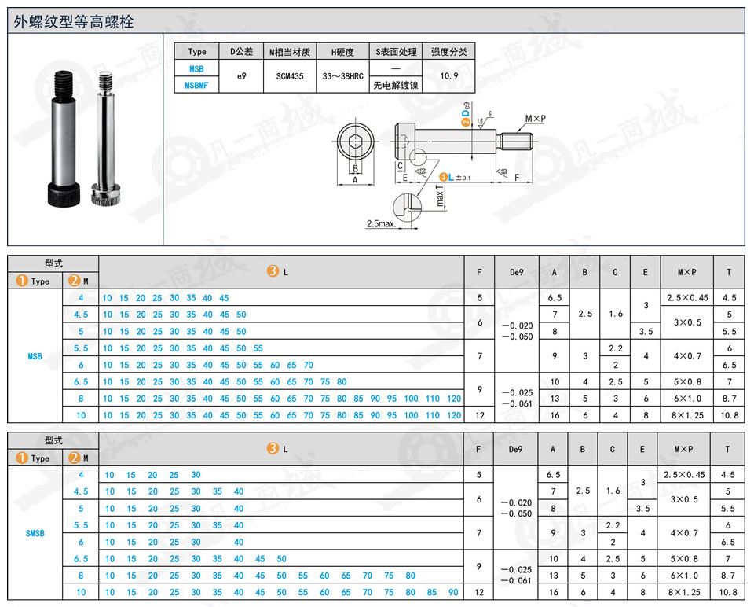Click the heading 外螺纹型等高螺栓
(74, 22)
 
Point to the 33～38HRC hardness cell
(342, 77)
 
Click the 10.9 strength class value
(449, 77)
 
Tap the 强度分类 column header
(449, 52)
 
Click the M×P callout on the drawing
(535, 118)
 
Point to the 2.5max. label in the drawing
(382, 224)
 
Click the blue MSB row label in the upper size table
(35, 356)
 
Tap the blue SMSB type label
(35, 533)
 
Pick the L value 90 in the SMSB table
(453, 592)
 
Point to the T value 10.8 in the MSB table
(728, 415)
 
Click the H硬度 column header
(342, 52)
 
